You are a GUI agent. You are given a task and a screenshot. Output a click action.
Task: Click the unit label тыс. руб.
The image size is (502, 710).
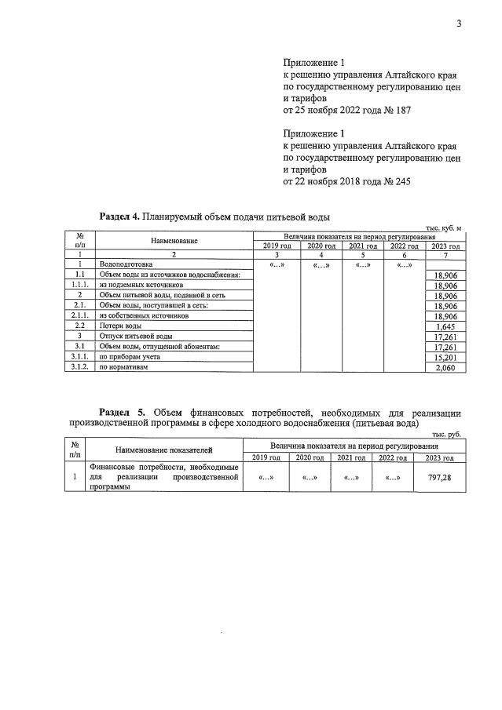pyautogui.click(x=446, y=434)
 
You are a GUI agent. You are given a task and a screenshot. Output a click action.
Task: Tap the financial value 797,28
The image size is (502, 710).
pyautogui.click(x=439, y=476)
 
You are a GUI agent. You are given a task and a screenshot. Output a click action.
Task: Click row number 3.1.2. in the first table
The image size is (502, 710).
pyautogui.click(x=79, y=366)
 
